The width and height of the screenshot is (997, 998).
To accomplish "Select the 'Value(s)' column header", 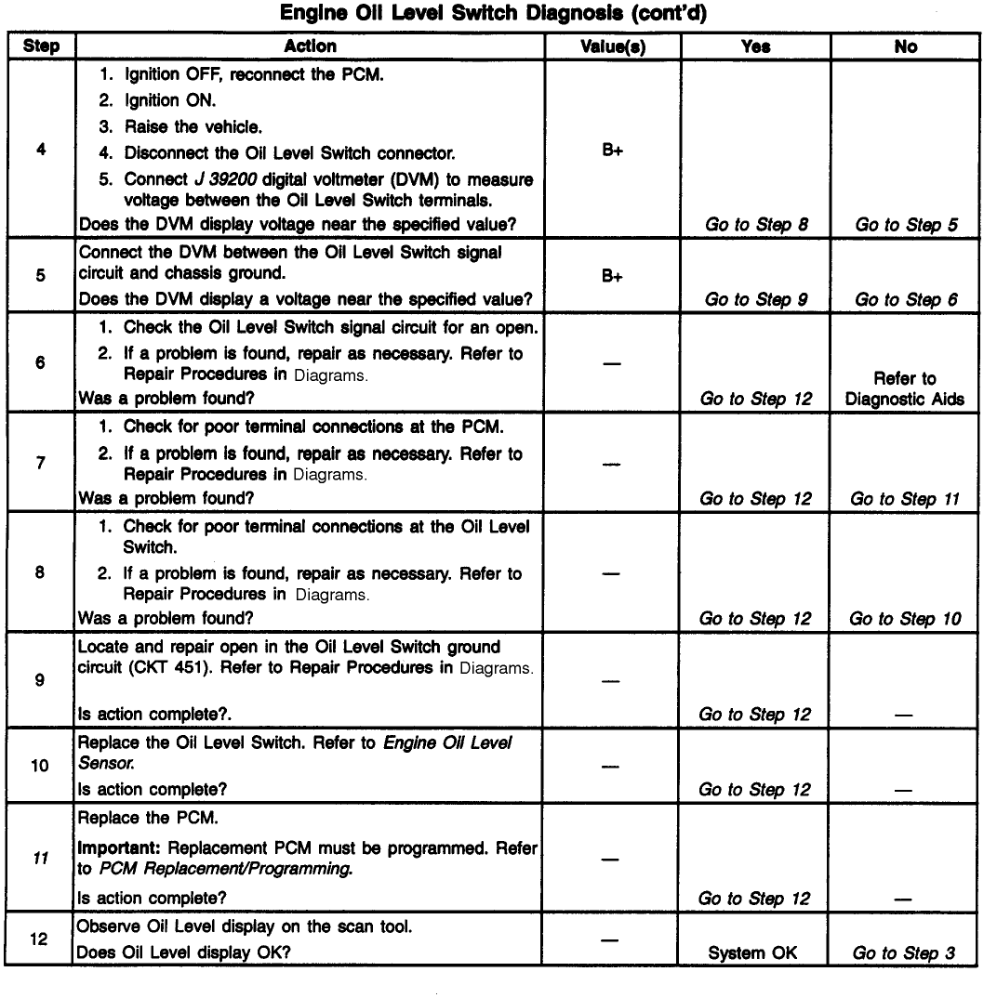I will click(612, 46).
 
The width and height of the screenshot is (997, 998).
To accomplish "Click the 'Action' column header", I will click(311, 46).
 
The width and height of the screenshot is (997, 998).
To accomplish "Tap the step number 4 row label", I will click(41, 150).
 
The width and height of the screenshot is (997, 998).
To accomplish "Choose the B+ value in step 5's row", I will click(612, 275).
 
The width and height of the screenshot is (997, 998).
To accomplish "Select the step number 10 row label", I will click(41, 769).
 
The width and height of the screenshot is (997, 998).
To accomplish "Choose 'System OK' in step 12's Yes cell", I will click(755, 953).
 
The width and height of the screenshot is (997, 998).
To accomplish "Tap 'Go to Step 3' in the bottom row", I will click(903, 953).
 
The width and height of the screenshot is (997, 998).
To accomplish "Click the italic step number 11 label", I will click(41, 860).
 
